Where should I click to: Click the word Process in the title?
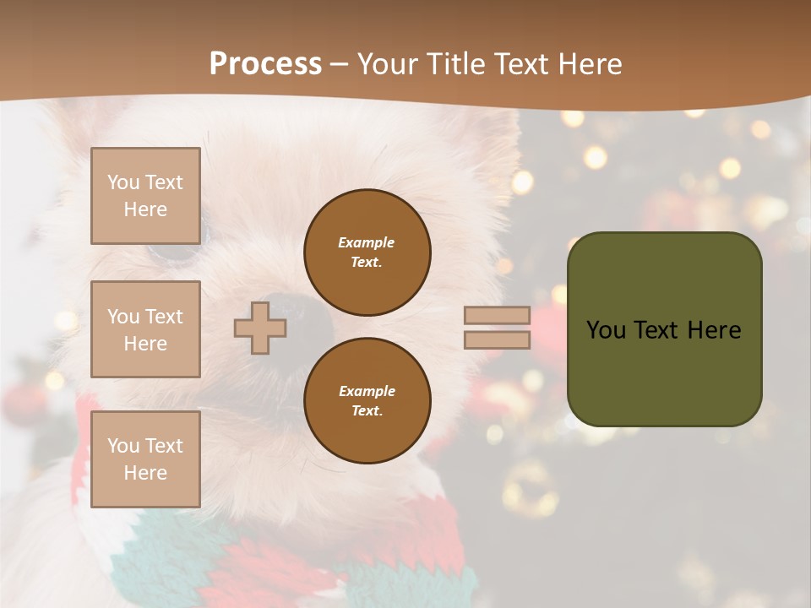pyautogui.click(x=265, y=63)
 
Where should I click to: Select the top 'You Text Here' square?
pyautogui.click(x=145, y=196)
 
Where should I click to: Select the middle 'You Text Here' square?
pyautogui.click(x=145, y=329)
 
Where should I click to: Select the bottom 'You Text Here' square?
pyautogui.click(x=145, y=459)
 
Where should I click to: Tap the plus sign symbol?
pyautogui.click(x=259, y=328)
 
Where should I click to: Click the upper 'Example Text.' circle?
pyautogui.click(x=367, y=252)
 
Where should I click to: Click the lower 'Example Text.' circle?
pyautogui.click(x=367, y=400)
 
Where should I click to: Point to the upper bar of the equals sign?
pyautogui.click(x=497, y=315)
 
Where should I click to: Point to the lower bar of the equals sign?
pyautogui.click(x=497, y=339)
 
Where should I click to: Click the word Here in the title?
pyautogui.click(x=590, y=63)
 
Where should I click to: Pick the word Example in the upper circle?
pyautogui.click(x=367, y=242)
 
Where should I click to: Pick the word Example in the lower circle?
pyautogui.click(x=367, y=391)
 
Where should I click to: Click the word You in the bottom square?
pyautogui.click(x=123, y=446)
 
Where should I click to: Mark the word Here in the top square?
pyautogui.click(x=145, y=209)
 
